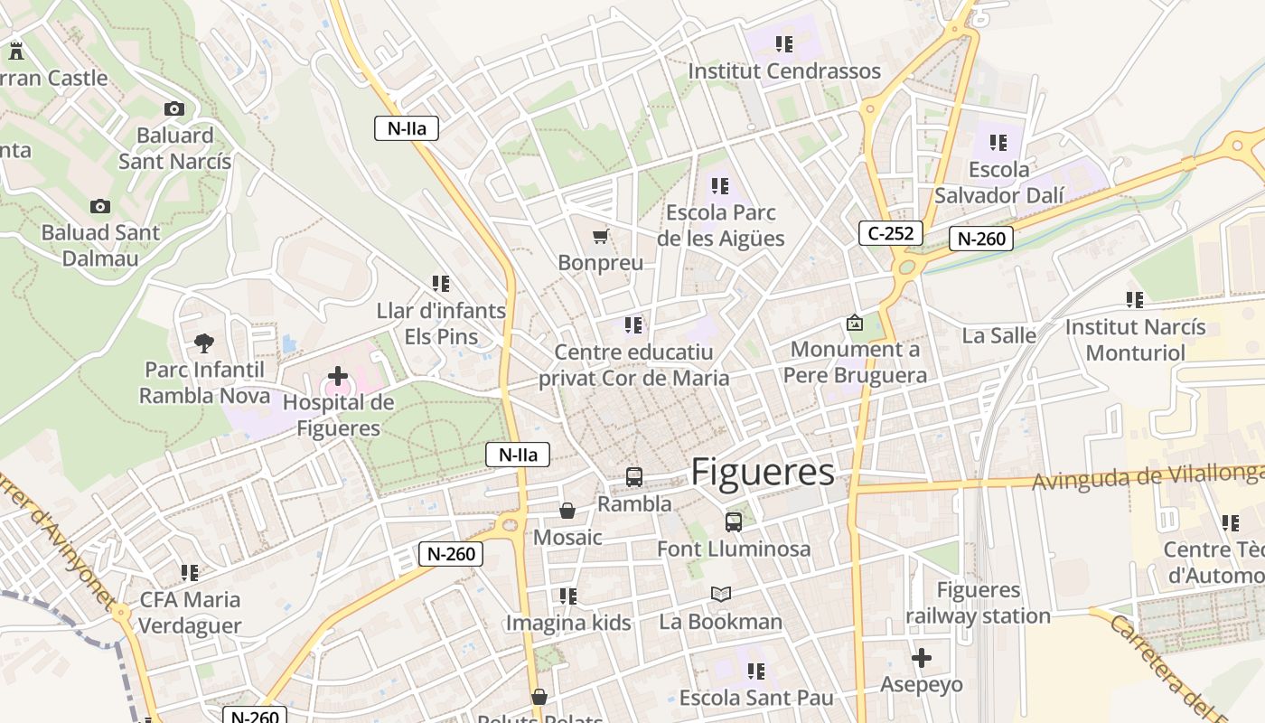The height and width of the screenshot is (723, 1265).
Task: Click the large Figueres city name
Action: [763, 473]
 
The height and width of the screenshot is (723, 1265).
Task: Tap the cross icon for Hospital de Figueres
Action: [338, 375]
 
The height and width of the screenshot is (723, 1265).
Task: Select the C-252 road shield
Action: [890, 233]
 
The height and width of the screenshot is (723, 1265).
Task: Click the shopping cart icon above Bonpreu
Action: [600, 237]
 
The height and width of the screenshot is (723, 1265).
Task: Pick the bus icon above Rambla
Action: [634, 477]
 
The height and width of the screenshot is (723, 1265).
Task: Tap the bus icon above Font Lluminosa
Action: [733, 521]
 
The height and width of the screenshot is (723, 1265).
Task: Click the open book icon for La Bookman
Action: [720, 594]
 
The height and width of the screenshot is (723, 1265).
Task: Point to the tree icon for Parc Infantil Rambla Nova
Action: [204, 343]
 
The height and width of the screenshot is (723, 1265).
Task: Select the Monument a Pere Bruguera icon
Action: [854, 323]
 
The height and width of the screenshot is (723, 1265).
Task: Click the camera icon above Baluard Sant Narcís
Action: [174, 109]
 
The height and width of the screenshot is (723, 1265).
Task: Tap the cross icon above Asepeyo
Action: [922, 658]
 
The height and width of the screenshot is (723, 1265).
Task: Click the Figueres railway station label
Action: [978, 603]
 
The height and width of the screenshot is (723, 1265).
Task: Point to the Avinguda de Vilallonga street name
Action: [1148, 477]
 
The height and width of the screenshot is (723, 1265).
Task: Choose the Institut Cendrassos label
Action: [783, 71]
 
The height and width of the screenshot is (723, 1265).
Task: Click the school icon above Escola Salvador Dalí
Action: [998, 143]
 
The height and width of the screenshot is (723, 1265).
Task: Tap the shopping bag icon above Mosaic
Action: [567, 512]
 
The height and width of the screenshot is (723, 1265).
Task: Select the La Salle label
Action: [998, 335]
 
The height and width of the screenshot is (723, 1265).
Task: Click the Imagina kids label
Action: [567, 622]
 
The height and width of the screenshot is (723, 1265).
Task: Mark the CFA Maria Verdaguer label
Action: [191, 613]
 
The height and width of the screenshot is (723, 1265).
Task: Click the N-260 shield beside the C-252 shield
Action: [980, 239]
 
